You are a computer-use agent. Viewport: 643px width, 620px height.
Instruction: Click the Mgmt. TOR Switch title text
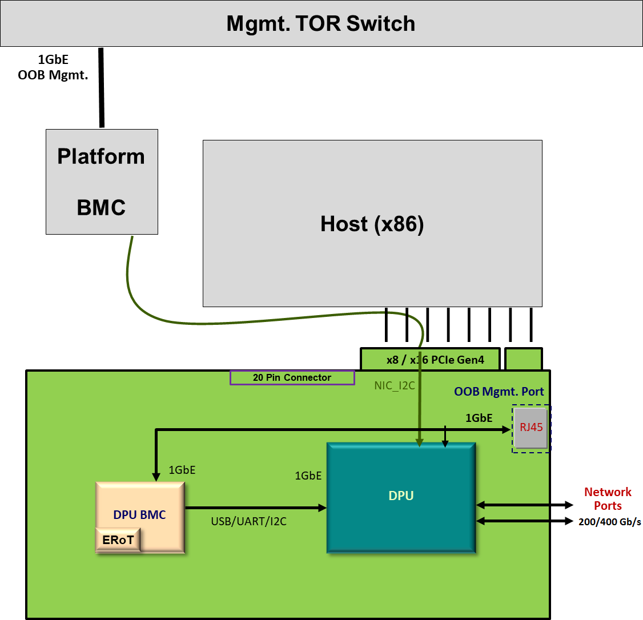tap(320, 23)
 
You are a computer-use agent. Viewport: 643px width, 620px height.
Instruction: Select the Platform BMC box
tap(102, 182)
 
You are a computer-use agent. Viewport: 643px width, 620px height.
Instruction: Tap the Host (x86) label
tap(372, 224)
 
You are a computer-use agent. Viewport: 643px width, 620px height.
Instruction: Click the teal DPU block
tap(401, 496)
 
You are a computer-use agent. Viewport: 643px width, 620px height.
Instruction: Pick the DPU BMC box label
tap(139, 514)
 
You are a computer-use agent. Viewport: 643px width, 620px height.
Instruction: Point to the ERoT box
tap(118, 540)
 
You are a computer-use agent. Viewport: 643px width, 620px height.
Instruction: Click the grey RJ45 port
tap(531, 428)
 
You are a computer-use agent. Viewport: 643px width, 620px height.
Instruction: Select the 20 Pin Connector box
tap(292, 377)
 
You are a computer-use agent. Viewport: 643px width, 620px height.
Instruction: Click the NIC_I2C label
tap(394, 386)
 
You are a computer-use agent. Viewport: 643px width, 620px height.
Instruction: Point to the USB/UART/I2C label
tap(248, 521)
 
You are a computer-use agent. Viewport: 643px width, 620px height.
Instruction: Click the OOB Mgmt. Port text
tap(499, 392)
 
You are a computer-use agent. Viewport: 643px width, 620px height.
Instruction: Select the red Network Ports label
tap(608, 498)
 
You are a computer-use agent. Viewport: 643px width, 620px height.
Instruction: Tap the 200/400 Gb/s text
tap(609, 522)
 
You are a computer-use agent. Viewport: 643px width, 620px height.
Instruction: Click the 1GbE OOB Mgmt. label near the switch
tap(53, 67)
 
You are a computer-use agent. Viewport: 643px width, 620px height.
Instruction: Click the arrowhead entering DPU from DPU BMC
tap(322, 507)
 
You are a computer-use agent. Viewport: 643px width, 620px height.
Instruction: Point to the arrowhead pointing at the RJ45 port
tap(507, 429)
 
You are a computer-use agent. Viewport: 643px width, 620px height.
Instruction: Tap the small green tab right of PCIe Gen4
tap(523, 360)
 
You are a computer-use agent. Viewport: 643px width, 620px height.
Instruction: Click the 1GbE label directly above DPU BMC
tap(182, 470)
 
